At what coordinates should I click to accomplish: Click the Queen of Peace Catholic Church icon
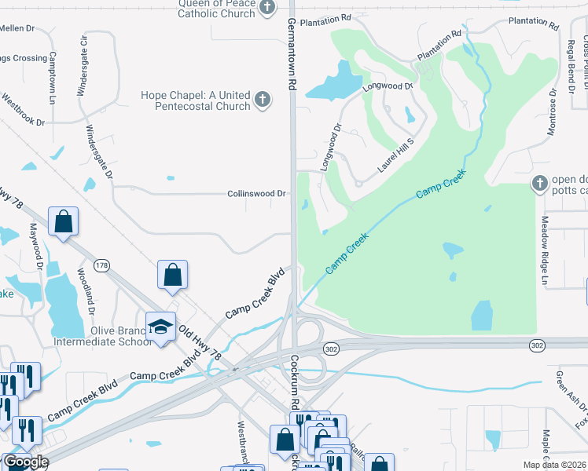pyautogui.click(x=268, y=8)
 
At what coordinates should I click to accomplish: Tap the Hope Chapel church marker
pyautogui.click(x=263, y=100)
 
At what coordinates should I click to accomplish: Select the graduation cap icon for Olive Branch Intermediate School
pyautogui.click(x=161, y=327)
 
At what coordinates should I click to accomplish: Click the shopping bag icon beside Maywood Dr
pyautogui.click(x=63, y=222)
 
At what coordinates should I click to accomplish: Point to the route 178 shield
pyautogui.click(x=101, y=265)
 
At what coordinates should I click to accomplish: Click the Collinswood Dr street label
pyautogui.click(x=256, y=193)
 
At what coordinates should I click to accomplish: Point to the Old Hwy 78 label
pyautogui.click(x=200, y=345)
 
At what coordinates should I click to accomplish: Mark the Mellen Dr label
pyautogui.click(x=17, y=28)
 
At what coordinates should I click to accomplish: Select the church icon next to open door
pyautogui.click(x=539, y=184)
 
